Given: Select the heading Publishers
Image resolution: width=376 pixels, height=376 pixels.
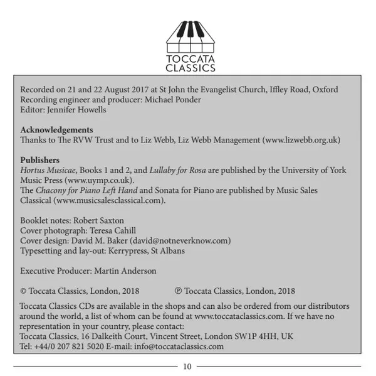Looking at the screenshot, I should (40, 159).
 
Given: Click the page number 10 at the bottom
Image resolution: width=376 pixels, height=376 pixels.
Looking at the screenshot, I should (187, 366).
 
